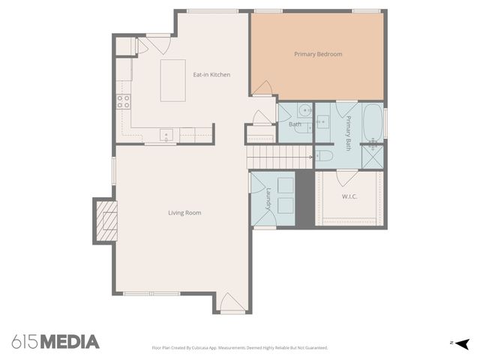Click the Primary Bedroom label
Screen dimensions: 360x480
pyautogui.click(x=318, y=54)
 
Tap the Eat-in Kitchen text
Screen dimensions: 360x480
pyautogui.click(x=211, y=74)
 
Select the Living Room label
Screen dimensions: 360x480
pyautogui.click(x=184, y=213)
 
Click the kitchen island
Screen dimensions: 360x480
pyautogui.click(x=173, y=80)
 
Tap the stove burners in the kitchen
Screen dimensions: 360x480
pyautogui.click(x=123, y=101)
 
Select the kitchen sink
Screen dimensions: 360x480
pyautogui.click(x=166, y=135)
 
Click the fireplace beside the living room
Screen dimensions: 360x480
pyautogui.click(x=106, y=220)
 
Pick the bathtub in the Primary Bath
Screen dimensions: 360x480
pyautogui.click(x=373, y=122)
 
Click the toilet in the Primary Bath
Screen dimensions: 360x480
pyautogui.click(x=324, y=156)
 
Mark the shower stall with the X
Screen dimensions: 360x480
pyautogui.click(x=373, y=155)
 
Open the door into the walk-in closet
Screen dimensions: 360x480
pyautogui.click(x=346, y=178)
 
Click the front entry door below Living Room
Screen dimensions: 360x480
pyautogui.click(x=232, y=303)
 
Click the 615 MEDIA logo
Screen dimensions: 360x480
pyautogui.click(x=55, y=342)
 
